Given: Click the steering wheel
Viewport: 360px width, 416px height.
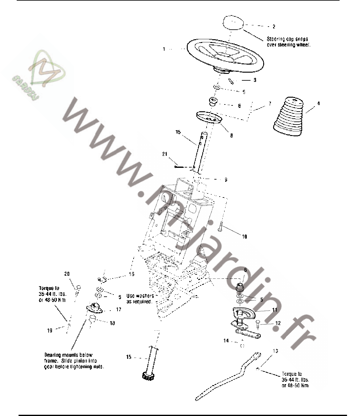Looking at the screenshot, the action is [225, 55].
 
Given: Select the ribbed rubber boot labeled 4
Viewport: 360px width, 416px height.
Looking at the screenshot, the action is [289, 117].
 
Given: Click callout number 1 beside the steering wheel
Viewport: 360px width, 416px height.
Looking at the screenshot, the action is [164, 49].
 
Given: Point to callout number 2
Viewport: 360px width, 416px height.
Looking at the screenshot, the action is [274, 27].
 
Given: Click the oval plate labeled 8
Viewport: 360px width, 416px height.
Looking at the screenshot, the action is [209, 118].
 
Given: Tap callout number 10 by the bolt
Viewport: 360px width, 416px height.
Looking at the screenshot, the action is [244, 237].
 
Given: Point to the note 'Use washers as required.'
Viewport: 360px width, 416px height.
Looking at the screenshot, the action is [140, 299].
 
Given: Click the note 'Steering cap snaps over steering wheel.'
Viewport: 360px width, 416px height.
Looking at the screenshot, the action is [287, 42].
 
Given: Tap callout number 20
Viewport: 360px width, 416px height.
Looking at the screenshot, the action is [67, 274].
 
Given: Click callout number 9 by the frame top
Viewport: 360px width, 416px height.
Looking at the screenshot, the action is [226, 180].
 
